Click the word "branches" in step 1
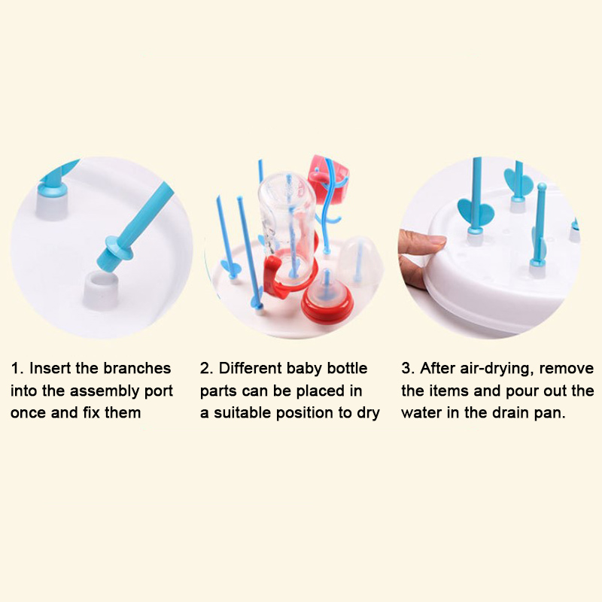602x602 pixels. [x=137, y=368]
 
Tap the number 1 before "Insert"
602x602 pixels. [x=15, y=368]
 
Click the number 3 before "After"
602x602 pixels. [x=407, y=368]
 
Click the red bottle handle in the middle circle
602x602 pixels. [x=274, y=275]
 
